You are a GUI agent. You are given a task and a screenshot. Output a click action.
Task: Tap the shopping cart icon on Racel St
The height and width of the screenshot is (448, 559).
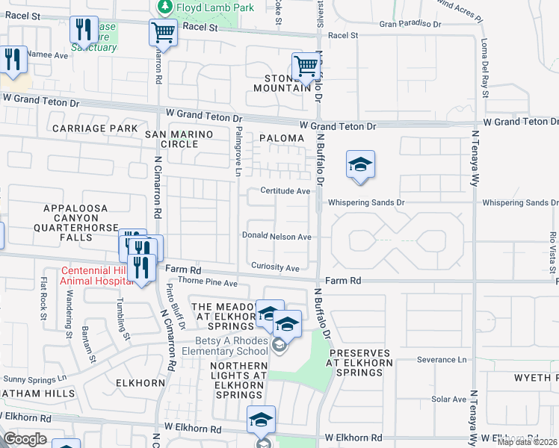(163, 33)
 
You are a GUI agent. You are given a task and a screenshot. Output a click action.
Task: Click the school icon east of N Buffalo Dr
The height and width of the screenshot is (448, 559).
(360, 165)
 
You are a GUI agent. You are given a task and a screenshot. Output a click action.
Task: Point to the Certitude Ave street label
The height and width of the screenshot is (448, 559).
(285, 191)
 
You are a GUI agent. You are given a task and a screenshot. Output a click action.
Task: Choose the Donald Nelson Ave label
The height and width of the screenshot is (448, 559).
(276, 236)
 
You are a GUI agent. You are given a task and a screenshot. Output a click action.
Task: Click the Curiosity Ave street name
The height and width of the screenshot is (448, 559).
(275, 268)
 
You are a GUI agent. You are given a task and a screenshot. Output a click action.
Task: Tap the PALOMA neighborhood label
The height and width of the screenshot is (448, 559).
(282, 138)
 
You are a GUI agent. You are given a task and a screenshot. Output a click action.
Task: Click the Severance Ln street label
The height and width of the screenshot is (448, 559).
(441, 359)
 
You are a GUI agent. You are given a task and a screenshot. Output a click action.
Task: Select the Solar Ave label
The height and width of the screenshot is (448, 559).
(448, 399)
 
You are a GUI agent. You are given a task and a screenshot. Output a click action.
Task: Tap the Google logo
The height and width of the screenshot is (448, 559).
(25, 439)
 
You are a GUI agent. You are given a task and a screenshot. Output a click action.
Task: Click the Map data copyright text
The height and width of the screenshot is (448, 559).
(526, 442)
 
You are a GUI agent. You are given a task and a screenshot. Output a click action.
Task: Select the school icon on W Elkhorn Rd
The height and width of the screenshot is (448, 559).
(262, 419)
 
